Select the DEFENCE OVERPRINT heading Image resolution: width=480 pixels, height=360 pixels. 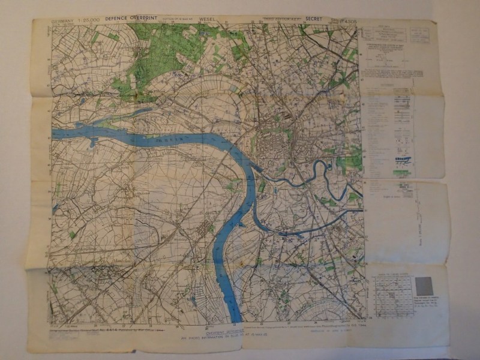[x=131, y=19]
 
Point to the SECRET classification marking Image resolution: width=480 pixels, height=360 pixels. [x=314, y=19]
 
